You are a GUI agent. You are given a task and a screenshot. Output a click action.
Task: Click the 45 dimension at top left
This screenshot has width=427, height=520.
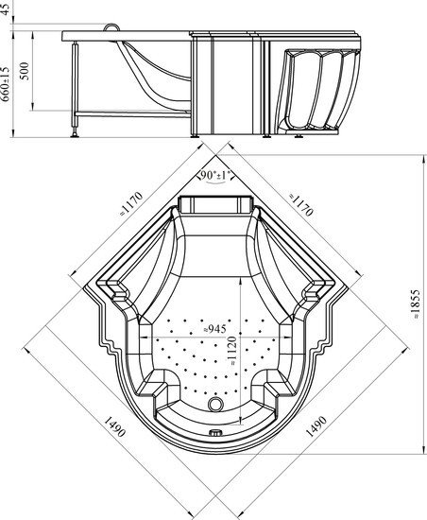point(6,9)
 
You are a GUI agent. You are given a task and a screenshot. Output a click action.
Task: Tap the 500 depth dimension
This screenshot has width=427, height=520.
point(25,71)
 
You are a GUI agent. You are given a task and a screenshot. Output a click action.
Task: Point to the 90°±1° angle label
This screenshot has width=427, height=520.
point(215,175)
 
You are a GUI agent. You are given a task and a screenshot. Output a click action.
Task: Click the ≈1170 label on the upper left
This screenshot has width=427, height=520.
point(131,203)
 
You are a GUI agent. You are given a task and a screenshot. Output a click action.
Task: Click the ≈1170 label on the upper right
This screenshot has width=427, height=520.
point(300,204)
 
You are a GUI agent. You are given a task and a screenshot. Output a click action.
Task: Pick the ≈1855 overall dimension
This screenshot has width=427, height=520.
point(416,304)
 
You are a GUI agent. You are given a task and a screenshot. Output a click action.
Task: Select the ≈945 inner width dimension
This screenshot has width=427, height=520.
point(214,329)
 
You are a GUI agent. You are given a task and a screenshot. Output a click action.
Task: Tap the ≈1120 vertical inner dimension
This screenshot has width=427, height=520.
point(232,351)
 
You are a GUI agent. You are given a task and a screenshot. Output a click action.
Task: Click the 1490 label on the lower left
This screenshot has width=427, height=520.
point(115,425)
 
